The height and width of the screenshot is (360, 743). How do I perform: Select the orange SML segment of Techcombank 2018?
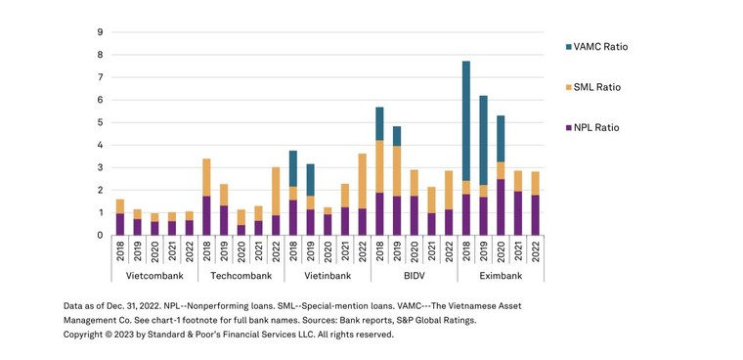(x=206, y=177)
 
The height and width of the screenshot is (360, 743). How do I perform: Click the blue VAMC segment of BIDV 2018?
(x=379, y=123)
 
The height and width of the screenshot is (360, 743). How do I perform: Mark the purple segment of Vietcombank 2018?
(x=120, y=224)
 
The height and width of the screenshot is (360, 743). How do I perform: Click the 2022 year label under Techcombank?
(x=276, y=252)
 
